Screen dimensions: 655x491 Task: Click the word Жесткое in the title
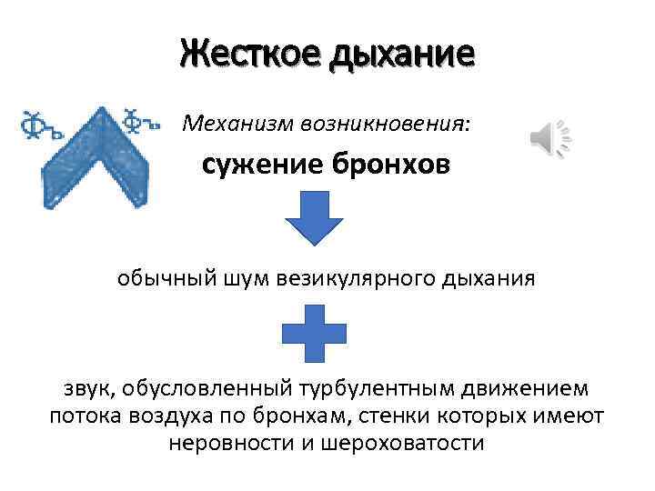(240, 54)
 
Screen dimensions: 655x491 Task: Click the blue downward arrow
(313, 219)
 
